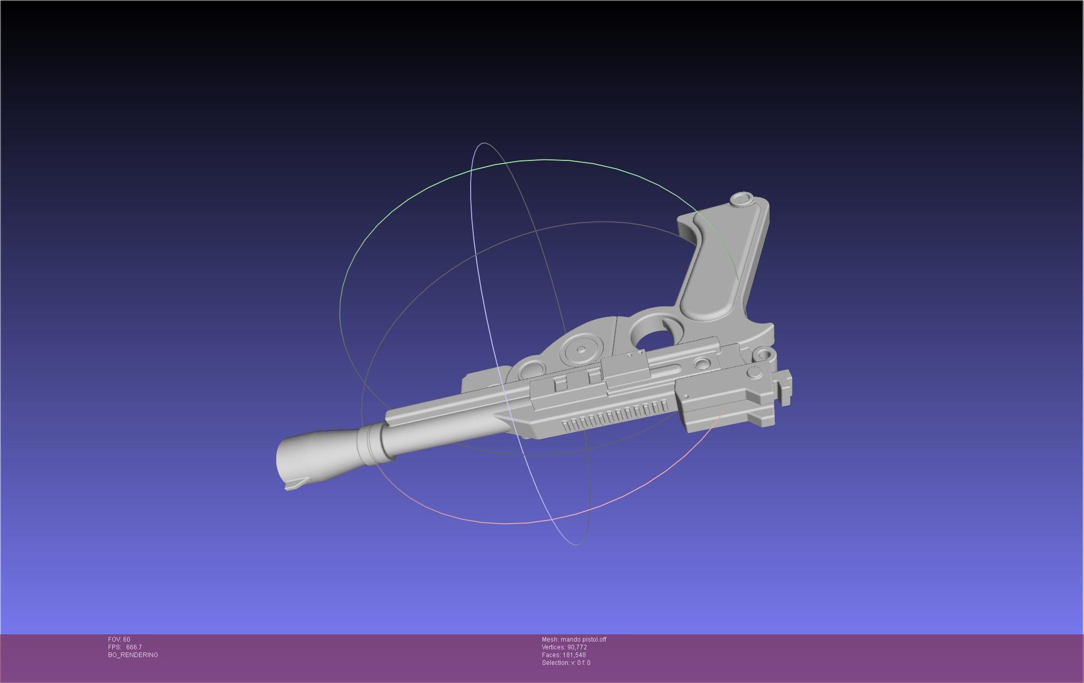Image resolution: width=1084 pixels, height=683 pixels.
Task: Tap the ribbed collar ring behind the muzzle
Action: coord(371,444)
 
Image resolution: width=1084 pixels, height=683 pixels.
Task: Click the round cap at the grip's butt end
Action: coord(742,199)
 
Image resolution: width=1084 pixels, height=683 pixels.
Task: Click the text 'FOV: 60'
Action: coord(119,640)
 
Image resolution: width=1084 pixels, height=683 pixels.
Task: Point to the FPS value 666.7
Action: coord(134,647)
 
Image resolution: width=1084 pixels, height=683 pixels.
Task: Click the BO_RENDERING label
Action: coord(133,655)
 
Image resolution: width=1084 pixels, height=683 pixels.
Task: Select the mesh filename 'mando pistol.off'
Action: coord(583,640)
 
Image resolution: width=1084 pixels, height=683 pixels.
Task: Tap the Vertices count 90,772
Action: coord(577,647)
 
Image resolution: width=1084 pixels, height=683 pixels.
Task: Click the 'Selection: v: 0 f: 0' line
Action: coord(566,663)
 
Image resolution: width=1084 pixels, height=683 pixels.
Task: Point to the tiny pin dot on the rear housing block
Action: coord(687,396)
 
